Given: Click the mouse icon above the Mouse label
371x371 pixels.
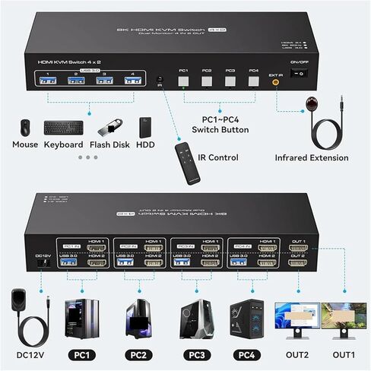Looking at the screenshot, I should tap(24, 127).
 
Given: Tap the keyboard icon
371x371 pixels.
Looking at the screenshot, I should tap(63, 128).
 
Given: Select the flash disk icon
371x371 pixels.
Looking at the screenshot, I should tap(109, 126).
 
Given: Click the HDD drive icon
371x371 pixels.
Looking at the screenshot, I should tap(146, 127).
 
